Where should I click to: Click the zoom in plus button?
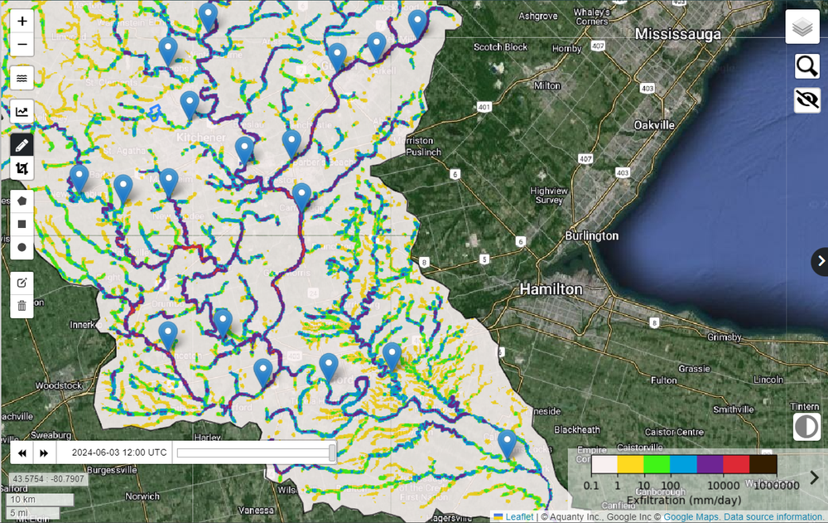pyautogui.click(x=22, y=22)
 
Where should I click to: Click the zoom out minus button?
pyautogui.click(x=22, y=44)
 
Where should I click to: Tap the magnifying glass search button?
pyautogui.click(x=806, y=65)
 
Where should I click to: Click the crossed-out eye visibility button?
pyautogui.click(x=806, y=100)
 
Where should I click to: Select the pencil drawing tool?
pyautogui.click(x=22, y=145)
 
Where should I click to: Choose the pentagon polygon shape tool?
pyautogui.click(x=22, y=200)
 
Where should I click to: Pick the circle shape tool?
pyautogui.click(x=22, y=247)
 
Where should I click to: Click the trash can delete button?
pyautogui.click(x=22, y=305)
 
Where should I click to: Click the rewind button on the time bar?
pyautogui.click(x=22, y=453)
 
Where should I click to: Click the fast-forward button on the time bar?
pyautogui.click(x=44, y=453)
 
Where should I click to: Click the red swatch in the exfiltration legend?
pyautogui.click(x=737, y=465)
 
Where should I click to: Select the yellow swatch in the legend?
pyautogui.click(x=631, y=465)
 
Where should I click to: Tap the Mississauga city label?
pyautogui.click(x=678, y=34)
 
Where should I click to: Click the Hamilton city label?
pyautogui.click(x=551, y=289)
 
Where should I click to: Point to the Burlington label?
pyautogui.click(x=591, y=235)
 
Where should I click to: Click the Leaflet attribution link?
pyautogui.click(x=519, y=516)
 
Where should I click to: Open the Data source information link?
pyautogui.click(x=775, y=516)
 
